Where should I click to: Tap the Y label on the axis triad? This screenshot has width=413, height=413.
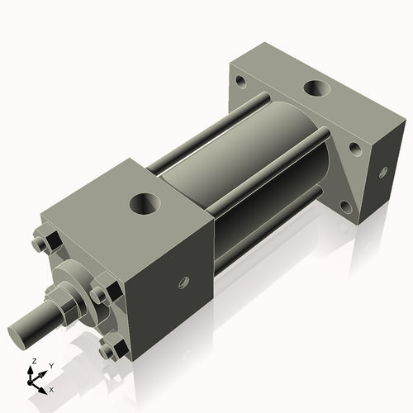point(50,364)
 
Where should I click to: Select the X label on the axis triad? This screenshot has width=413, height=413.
point(52,388)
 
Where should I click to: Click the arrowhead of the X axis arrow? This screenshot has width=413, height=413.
point(45,386)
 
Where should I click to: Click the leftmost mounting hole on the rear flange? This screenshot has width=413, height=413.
point(240,82)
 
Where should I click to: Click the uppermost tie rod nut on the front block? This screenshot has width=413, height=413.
point(46,244)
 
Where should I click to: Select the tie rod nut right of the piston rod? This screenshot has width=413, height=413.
point(99,294)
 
